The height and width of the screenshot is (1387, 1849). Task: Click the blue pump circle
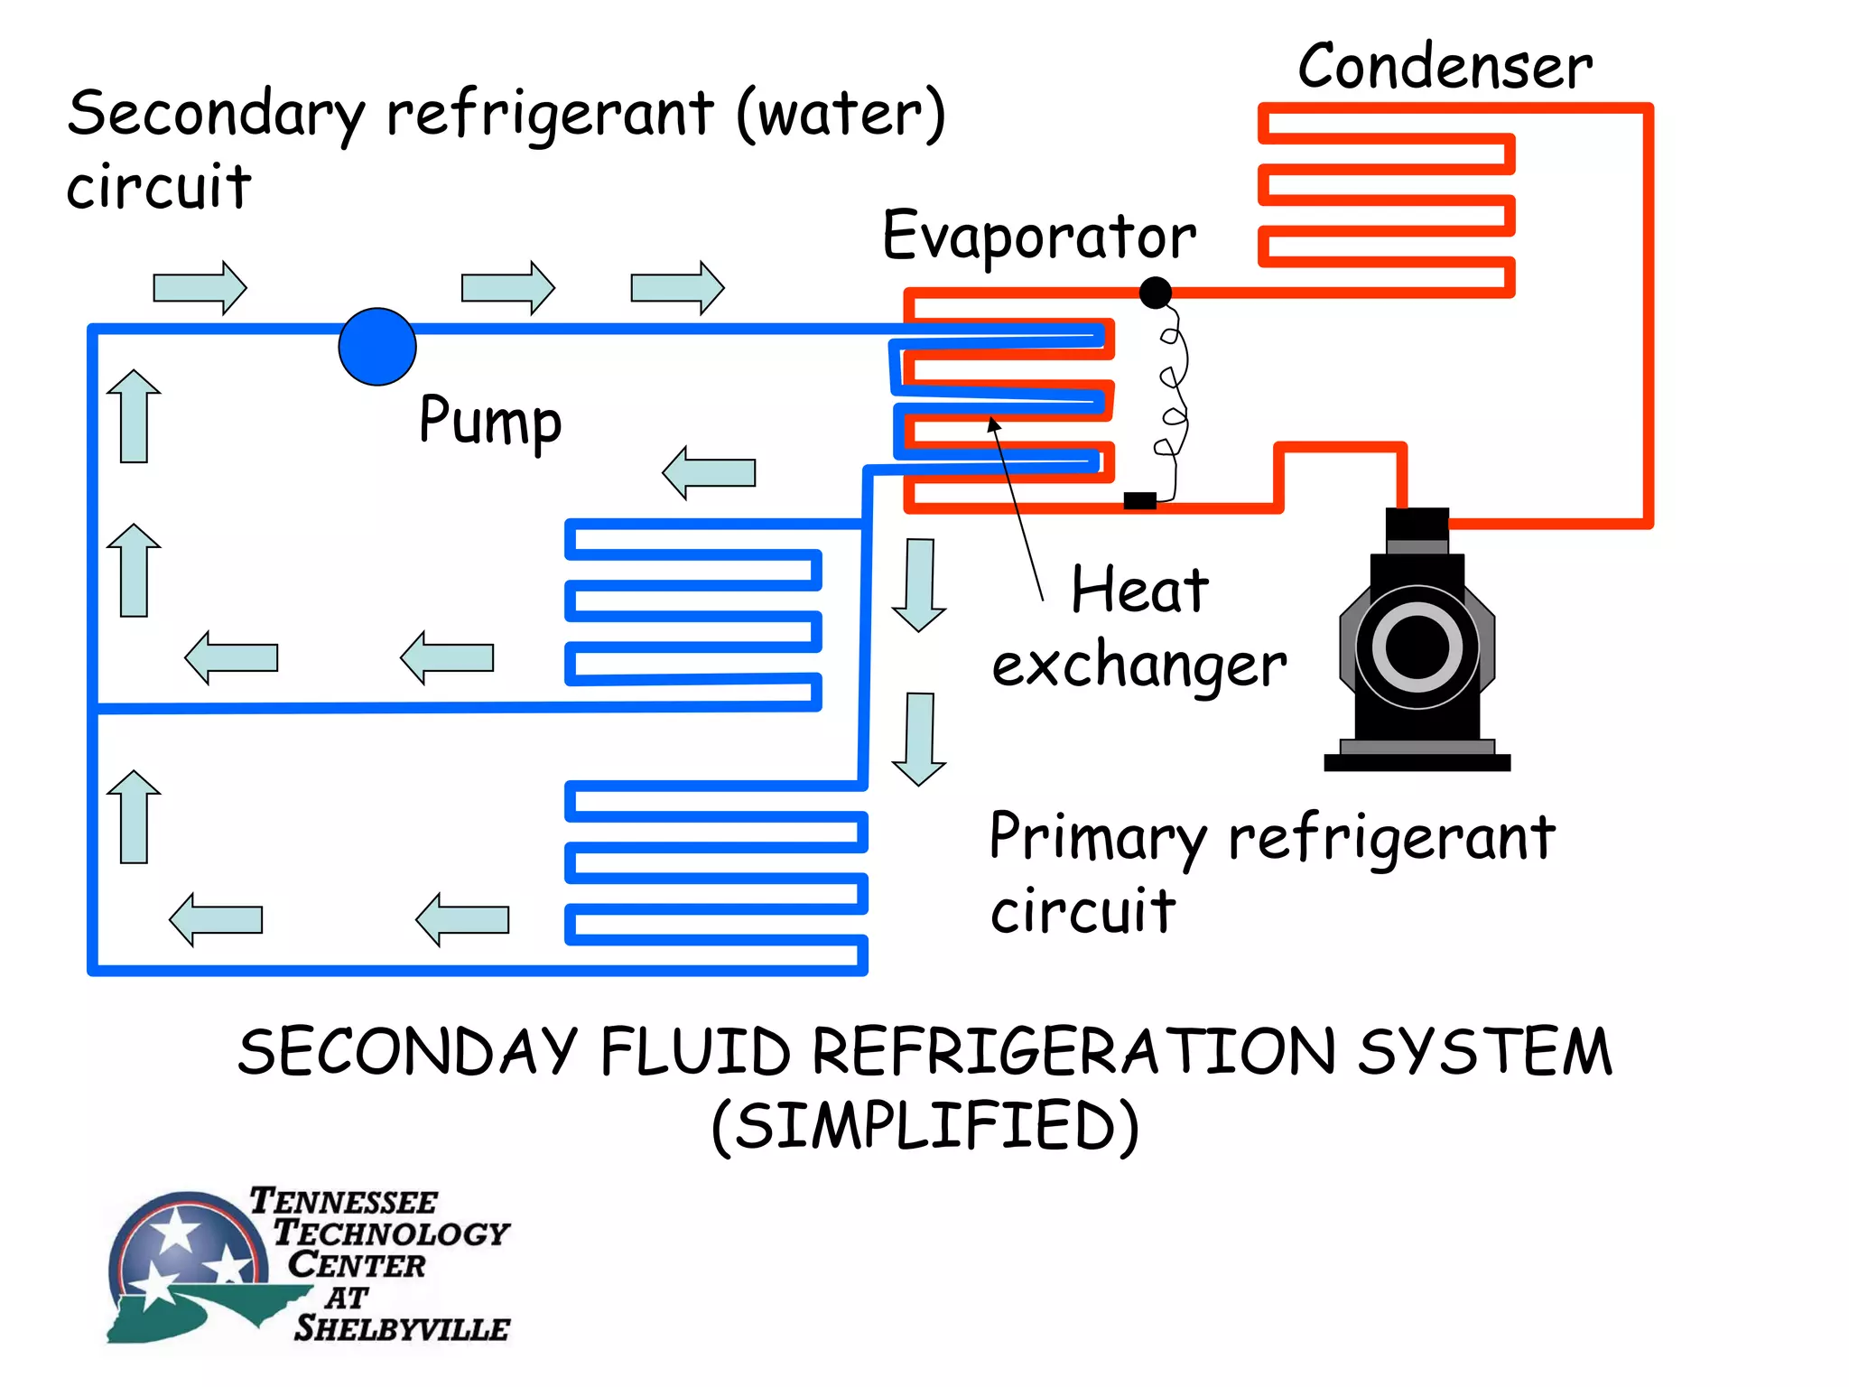click(x=377, y=347)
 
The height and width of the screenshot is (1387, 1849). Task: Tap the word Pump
click(x=490, y=421)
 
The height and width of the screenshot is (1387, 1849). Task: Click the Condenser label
click(x=1445, y=67)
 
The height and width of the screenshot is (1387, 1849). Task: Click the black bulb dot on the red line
click(x=1156, y=293)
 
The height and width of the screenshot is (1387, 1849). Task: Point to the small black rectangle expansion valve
click(x=1139, y=500)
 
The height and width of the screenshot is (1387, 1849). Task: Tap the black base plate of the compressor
click(x=1417, y=763)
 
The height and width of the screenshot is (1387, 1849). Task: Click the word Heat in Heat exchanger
click(x=1139, y=591)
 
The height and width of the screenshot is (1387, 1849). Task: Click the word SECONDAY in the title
click(x=406, y=1052)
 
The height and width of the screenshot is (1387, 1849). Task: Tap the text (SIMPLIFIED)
click(x=925, y=1126)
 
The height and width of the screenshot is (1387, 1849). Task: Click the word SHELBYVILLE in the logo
click(x=402, y=1328)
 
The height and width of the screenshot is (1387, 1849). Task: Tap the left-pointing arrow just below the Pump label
click(x=709, y=472)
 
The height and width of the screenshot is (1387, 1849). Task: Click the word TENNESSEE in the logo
click(x=343, y=1202)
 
